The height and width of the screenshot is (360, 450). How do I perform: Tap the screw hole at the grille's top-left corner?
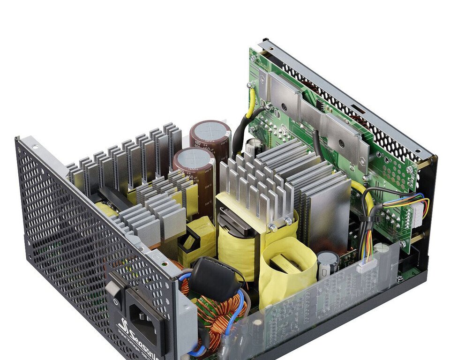[x=36, y=146]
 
